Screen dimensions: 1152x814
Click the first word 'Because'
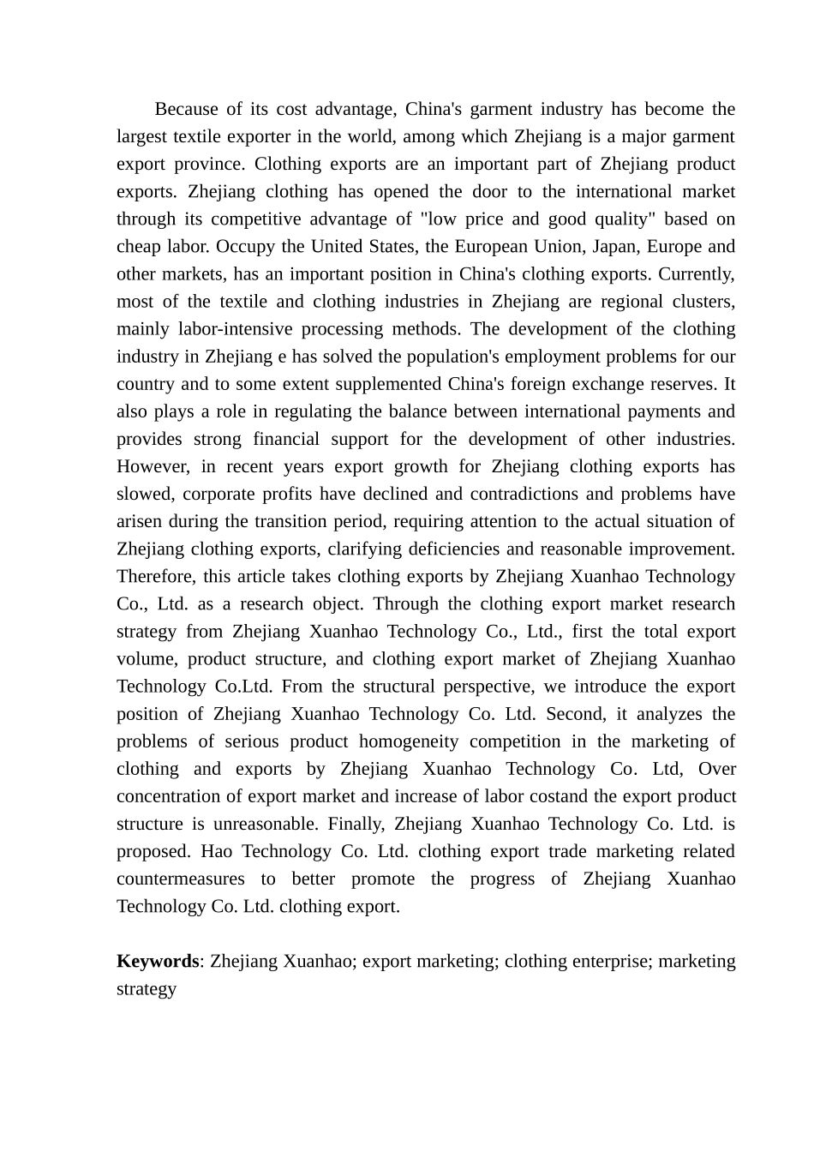coord(187,109)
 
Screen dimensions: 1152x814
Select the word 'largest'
coord(142,136)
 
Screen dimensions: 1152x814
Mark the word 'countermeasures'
coord(180,879)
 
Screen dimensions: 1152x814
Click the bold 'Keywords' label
coord(158,961)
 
